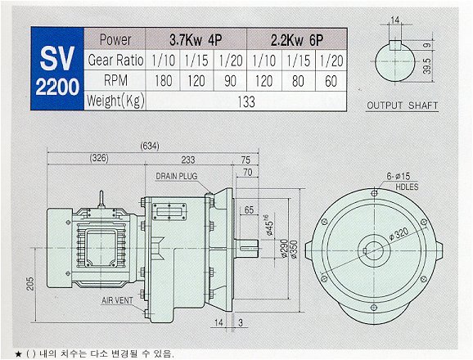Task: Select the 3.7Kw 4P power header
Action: pyautogui.click(x=196, y=40)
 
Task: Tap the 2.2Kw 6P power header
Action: pyautogui.click(x=297, y=40)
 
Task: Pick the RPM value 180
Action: pyautogui.click(x=163, y=81)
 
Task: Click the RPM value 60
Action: pyautogui.click(x=331, y=81)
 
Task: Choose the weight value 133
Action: pyautogui.click(x=246, y=101)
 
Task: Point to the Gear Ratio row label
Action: pyautogui.click(x=115, y=60)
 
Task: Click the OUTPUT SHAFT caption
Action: pyautogui.click(x=402, y=106)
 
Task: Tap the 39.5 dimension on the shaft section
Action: pyautogui.click(x=427, y=66)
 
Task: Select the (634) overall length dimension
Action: pyautogui.click(x=150, y=146)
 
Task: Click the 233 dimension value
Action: pyautogui.click(x=188, y=160)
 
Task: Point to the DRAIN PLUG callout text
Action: pyautogui.click(x=177, y=176)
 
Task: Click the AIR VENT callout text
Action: pyautogui.click(x=117, y=300)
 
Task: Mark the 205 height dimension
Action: pyautogui.click(x=30, y=284)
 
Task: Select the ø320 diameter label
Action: pyautogui.click(x=399, y=234)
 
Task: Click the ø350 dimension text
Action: pyautogui.click(x=294, y=250)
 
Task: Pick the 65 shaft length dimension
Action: pyautogui.click(x=249, y=209)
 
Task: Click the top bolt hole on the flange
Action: pyautogui.click(x=374, y=193)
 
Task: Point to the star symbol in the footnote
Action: pyautogui.click(x=19, y=353)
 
